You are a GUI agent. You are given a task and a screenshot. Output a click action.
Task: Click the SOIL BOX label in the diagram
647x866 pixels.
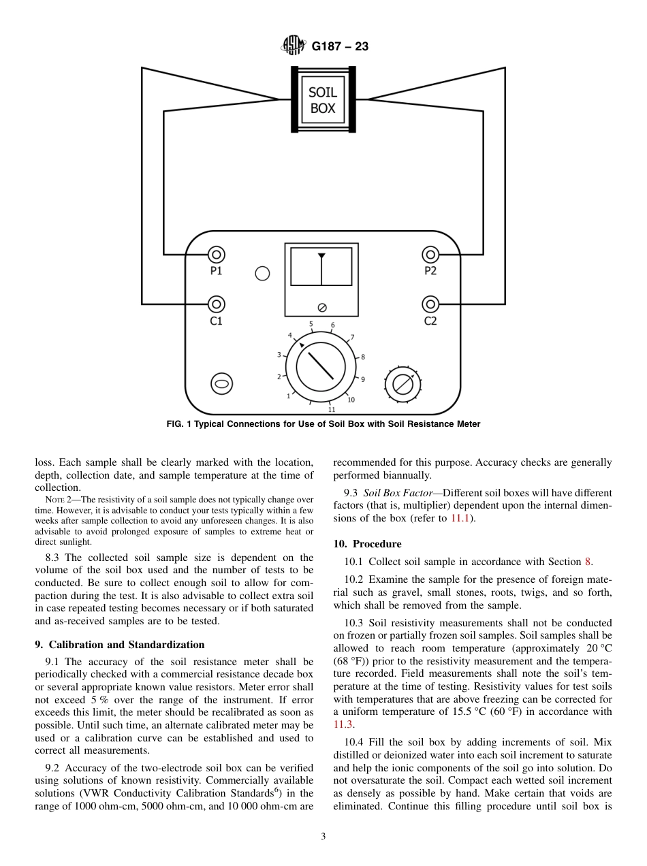coord(323,100)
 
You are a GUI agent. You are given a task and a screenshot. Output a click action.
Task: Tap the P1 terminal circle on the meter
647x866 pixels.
coord(216,255)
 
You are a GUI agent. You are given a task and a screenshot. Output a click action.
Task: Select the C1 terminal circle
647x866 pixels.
coord(216,304)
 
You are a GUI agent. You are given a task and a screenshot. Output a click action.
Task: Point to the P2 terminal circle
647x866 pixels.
coord(430,255)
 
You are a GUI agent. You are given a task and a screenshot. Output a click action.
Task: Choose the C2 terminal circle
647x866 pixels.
coord(430,304)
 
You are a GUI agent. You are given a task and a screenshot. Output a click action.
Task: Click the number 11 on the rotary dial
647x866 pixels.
coord(332,410)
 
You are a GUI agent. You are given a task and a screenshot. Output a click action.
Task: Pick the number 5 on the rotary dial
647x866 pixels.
coord(311,324)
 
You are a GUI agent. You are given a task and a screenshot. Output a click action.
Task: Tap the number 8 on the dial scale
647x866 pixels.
coord(363,357)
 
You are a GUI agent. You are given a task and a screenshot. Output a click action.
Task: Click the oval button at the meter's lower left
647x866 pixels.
coord(221,384)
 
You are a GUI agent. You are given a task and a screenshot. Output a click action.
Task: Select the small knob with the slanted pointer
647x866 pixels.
coord(403,385)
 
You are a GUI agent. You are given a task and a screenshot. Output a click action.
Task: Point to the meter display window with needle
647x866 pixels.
coord(321,266)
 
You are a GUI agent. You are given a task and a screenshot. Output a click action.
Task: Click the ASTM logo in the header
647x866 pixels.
coord(294,46)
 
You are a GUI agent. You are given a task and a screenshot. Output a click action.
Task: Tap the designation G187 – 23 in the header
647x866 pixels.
coord(340,47)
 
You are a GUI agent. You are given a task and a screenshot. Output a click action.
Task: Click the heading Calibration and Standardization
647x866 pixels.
coord(119,645)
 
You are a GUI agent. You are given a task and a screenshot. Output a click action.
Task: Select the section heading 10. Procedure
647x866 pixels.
coord(367,544)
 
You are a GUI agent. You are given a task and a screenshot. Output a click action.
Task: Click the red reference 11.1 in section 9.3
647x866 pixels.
coord(460,519)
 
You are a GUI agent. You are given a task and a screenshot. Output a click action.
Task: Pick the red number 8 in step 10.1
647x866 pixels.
coord(588,562)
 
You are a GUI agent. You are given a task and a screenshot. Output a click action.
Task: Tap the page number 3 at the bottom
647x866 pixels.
coord(323,837)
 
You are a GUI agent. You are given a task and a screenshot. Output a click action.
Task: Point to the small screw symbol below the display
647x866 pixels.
coord(321,307)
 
